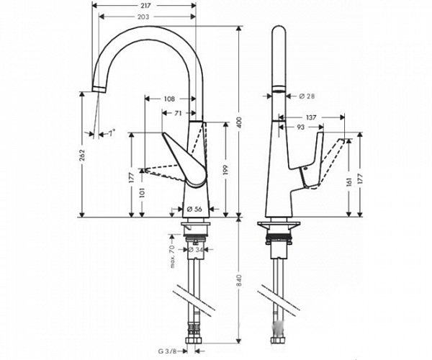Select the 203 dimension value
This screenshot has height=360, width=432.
pos(145,17)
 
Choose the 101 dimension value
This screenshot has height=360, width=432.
pos(143,193)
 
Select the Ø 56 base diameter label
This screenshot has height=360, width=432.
pos(194,210)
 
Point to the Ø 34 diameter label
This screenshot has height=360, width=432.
pos(194,251)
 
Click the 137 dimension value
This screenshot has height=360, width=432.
pos(312,117)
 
